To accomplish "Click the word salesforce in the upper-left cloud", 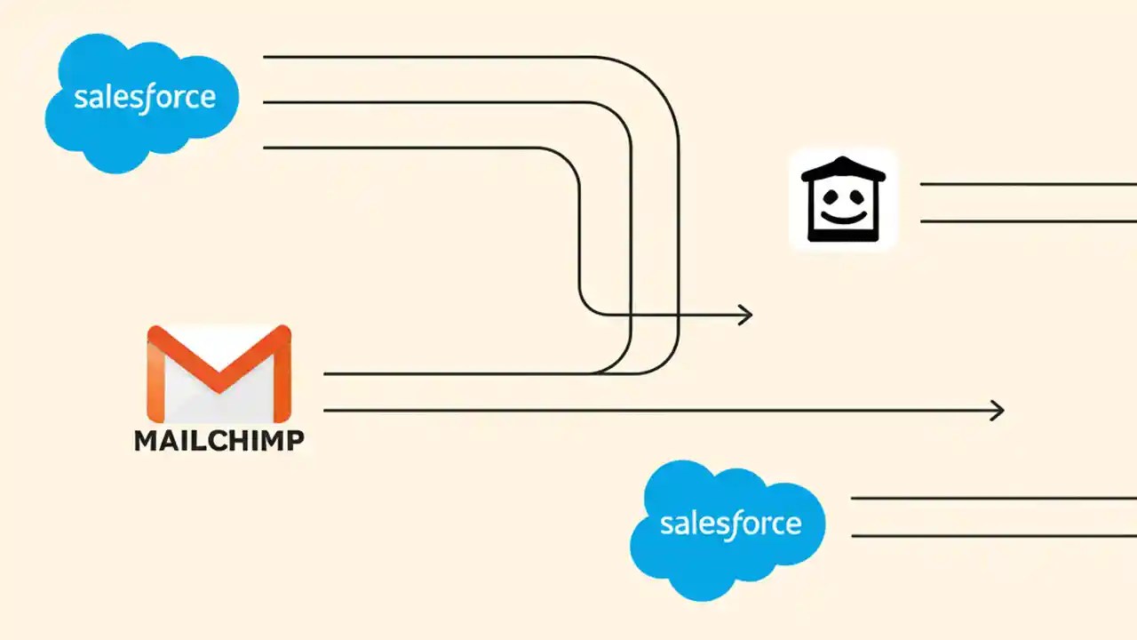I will click(144, 96).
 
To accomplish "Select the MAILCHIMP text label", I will click(219, 440).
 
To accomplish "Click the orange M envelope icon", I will click(219, 373).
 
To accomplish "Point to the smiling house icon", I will click(843, 200).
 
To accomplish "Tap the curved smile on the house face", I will click(843, 216).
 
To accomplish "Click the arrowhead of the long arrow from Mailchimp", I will click(998, 411).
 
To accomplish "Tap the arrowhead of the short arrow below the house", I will click(745, 314).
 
